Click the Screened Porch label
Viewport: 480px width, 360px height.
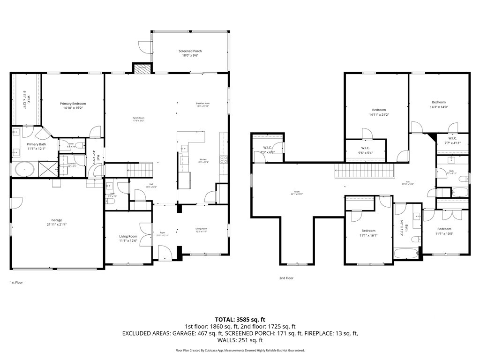point(190,51)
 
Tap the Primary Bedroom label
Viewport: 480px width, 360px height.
point(73,104)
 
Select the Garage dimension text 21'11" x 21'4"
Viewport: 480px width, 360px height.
point(56,225)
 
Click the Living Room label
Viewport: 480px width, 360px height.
point(128,236)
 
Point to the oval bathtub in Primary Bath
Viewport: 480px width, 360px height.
point(22,169)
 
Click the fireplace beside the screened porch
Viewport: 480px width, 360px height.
point(142,69)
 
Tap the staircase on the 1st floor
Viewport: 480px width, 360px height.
point(140,169)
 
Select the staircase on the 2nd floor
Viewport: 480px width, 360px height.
point(366,171)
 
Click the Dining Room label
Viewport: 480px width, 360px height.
point(201,229)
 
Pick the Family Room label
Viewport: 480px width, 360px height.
point(139,118)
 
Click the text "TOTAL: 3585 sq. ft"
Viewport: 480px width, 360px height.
point(240,319)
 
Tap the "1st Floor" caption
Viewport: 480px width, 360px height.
point(16,283)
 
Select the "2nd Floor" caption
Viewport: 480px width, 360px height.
point(286,278)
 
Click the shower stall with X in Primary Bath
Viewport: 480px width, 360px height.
point(47,168)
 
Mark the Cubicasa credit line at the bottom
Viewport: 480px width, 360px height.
point(240,350)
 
